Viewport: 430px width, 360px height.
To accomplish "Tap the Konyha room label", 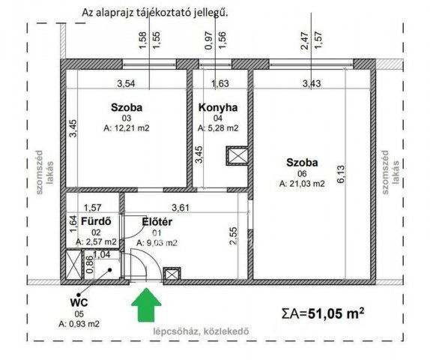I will point(217,108).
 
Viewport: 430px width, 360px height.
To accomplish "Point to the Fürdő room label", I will point(97,221).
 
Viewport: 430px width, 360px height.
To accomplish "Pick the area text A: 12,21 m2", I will point(127,128).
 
